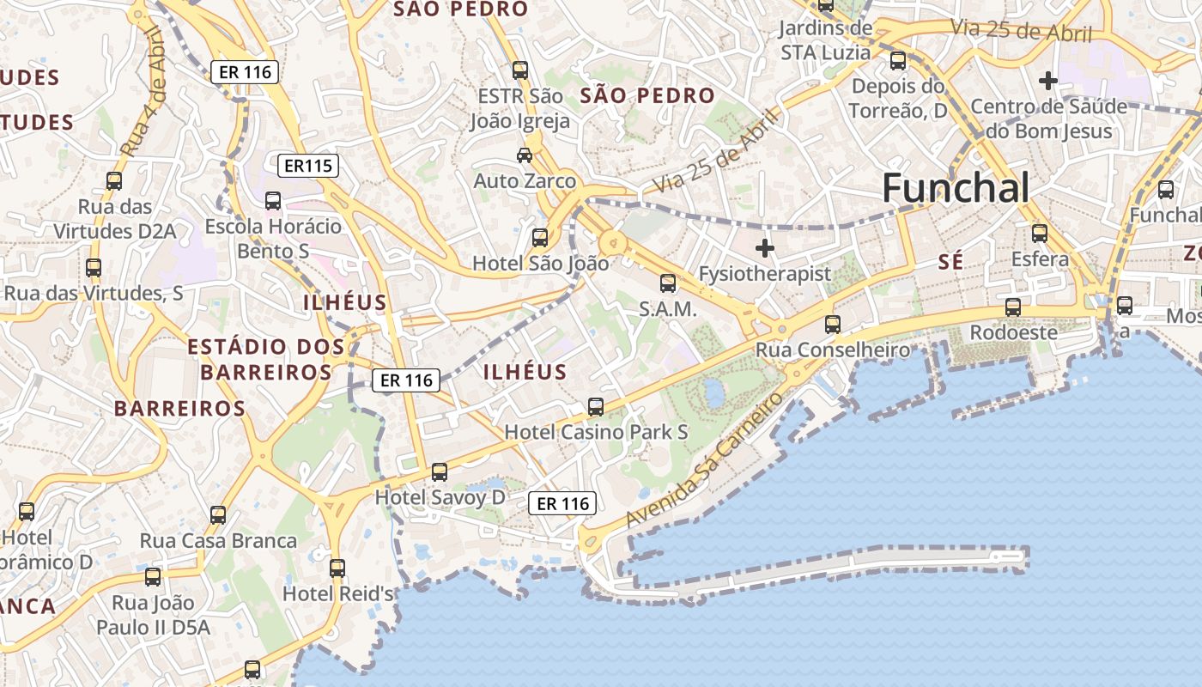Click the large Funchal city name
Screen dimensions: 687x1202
tap(955, 188)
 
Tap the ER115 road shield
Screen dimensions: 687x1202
tap(307, 165)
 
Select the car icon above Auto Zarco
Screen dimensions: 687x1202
tap(524, 155)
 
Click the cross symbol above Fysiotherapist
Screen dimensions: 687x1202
tap(764, 249)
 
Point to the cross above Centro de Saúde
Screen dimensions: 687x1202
tap(1047, 82)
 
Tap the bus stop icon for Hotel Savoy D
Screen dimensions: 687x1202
tap(440, 471)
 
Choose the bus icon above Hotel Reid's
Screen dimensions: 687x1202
tap(337, 568)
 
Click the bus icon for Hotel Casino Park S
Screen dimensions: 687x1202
tap(596, 406)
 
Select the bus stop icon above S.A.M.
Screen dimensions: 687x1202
tap(667, 283)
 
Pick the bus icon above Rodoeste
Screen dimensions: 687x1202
tap(1013, 307)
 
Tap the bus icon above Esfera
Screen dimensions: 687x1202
tap(1040, 233)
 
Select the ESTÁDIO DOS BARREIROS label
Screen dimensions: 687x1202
tap(266, 359)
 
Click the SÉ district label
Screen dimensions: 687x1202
tap(950, 263)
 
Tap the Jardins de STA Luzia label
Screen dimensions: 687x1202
tap(825, 40)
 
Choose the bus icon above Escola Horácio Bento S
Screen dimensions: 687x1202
tap(273, 201)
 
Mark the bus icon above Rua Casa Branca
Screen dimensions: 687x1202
tap(218, 515)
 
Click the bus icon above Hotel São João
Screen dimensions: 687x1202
tap(540, 238)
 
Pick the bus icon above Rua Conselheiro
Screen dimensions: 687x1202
tap(832, 324)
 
